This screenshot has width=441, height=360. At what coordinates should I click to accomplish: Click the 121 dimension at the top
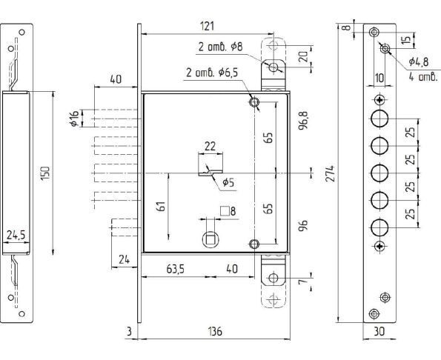(207, 26)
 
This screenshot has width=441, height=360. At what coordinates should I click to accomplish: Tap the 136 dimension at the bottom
(215, 331)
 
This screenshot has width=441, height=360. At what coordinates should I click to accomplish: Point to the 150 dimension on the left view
(45, 173)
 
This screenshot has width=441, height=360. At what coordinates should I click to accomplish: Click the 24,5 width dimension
(16, 235)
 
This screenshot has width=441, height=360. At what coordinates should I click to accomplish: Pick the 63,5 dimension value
(175, 269)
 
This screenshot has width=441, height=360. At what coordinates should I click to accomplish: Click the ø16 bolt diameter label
(74, 119)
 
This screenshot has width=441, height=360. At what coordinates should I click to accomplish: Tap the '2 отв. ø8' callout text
(220, 47)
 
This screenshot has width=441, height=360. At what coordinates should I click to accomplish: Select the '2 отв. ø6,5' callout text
(212, 73)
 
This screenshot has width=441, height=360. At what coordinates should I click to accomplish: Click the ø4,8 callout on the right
(419, 61)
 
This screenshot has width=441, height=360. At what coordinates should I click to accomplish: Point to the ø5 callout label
(228, 183)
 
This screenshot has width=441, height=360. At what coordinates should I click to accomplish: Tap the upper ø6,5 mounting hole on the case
(254, 102)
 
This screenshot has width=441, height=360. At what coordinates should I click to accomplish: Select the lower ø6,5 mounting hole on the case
(254, 244)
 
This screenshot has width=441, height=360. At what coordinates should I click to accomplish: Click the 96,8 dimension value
(303, 120)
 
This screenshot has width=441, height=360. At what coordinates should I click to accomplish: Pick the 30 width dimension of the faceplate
(379, 331)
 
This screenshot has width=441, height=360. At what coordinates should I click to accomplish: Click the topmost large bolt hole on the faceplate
(379, 119)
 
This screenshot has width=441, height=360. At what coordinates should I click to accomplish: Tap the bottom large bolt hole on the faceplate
(379, 227)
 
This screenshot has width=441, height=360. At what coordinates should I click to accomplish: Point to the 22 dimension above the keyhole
(210, 147)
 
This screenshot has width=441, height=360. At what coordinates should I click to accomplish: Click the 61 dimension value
(162, 207)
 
